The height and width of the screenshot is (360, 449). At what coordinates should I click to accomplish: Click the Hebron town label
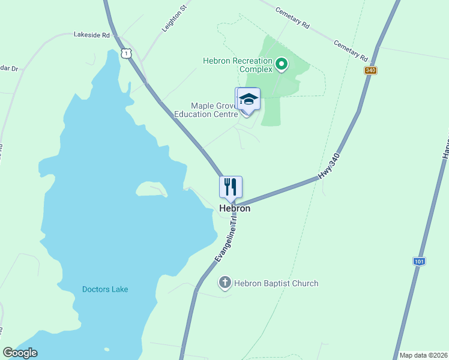(234, 209)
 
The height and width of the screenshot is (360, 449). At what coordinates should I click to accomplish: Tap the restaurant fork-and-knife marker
(231, 187)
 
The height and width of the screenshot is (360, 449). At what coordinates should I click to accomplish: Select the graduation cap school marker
(248, 99)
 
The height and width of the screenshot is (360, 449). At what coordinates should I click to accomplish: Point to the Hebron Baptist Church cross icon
(225, 283)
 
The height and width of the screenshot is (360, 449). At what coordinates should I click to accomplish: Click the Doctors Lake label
(105, 289)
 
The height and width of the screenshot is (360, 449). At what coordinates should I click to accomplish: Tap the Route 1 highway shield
(125, 53)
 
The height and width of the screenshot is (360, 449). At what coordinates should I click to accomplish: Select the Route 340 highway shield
(370, 70)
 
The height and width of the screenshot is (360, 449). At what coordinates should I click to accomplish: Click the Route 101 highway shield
(420, 262)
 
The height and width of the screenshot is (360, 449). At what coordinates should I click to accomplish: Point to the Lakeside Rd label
(92, 35)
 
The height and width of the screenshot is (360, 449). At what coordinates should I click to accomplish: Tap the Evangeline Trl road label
(227, 239)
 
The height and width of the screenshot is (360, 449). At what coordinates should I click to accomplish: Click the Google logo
(20, 353)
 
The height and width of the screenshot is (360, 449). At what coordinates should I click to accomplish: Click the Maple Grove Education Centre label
(206, 110)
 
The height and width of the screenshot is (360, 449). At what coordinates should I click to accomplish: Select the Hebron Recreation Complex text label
(238, 65)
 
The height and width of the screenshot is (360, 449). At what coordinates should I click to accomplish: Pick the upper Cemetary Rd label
(292, 18)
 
